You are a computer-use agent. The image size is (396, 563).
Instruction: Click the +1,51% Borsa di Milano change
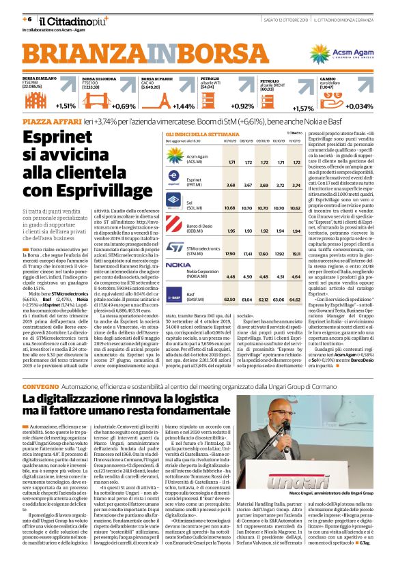(x=66, y=106)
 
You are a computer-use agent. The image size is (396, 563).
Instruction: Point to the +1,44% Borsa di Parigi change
(x=184, y=106)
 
